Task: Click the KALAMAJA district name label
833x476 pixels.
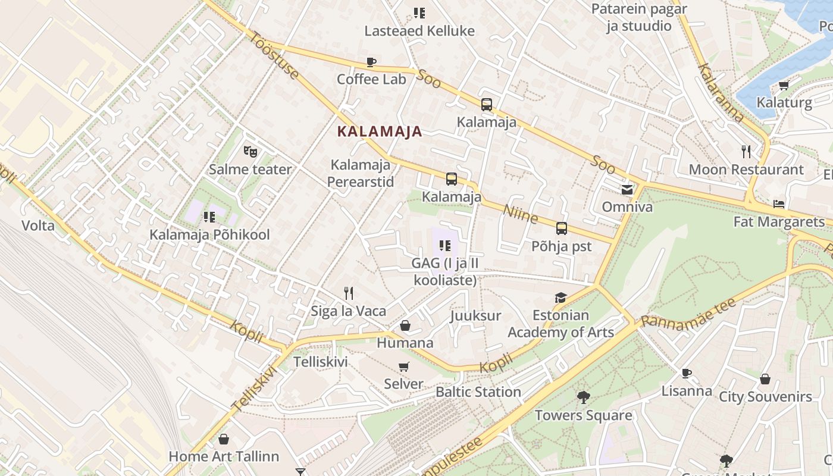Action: pos(380,131)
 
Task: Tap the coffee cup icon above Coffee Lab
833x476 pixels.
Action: pos(371,62)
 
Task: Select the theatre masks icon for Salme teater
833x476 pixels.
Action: pos(250,152)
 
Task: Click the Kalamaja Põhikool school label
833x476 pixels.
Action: pos(209,234)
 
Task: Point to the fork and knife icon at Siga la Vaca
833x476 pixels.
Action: pos(349,293)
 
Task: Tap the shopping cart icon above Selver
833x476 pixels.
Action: pos(404,367)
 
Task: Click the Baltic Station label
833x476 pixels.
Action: pos(478,392)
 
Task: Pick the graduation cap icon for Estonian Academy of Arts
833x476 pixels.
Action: pos(560,297)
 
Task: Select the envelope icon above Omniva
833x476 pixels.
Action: pos(627,190)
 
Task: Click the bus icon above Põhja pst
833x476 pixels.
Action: pos(561,228)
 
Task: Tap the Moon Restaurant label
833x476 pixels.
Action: pos(746,170)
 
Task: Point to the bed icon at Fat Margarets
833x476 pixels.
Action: pos(779,204)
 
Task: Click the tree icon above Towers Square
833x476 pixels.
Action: pos(583,397)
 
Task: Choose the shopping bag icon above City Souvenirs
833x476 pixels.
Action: pos(765,378)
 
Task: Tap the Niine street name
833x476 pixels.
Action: pos(521,214)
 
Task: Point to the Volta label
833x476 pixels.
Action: pos(38,226)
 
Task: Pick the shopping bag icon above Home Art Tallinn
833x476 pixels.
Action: pos(224,439)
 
